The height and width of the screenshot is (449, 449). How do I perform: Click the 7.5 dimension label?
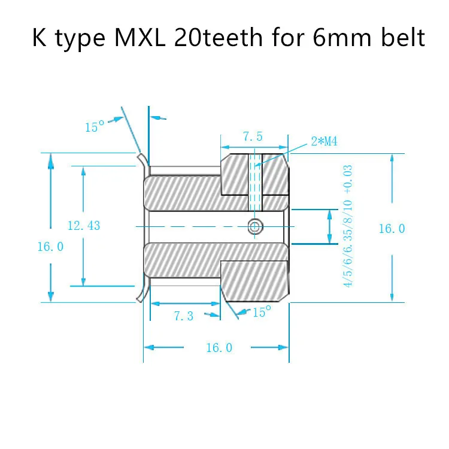click(x=253, y=137)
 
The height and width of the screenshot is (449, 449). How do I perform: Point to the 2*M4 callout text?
click(x=324, y=141)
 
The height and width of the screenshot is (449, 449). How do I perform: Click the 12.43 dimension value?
click(x=84, y=226)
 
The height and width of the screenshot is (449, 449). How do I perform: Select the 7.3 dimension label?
click(x=184, y=316)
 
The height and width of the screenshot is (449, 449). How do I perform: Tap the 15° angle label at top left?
click(x=95, y=127)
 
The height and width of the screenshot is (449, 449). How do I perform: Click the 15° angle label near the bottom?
click(x=262, y=313)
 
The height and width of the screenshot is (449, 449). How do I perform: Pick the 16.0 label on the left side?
click(x=50, y=246)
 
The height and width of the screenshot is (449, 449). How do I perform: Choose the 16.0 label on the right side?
click(x=392, y=228)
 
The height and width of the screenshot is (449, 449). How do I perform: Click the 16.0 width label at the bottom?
click(x=219, y=348)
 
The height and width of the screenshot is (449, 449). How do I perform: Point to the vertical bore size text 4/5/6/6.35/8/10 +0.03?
click(x=348, y=226)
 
